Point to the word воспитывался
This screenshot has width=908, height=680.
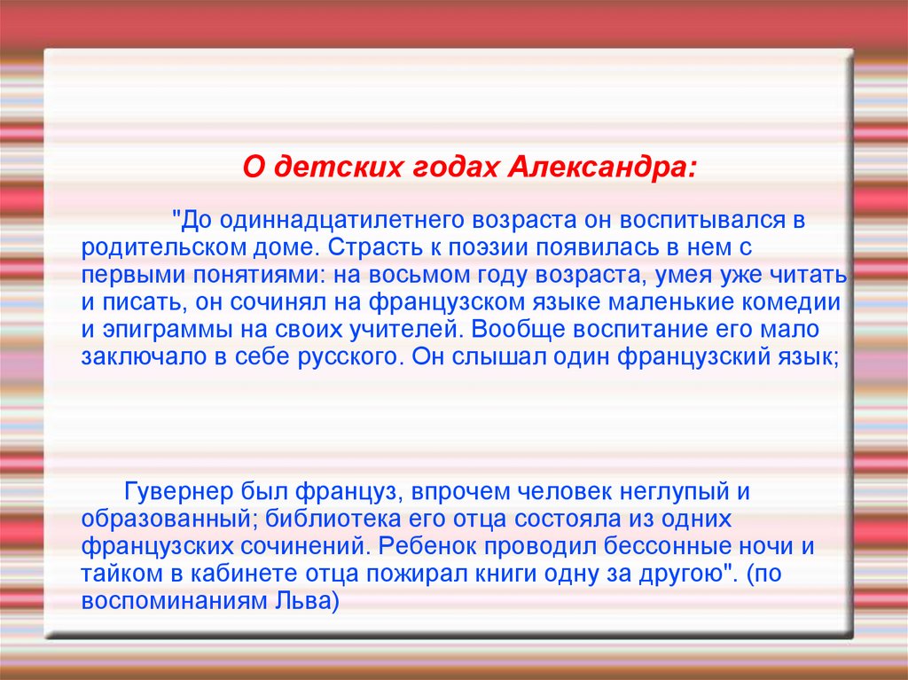pos(704,219)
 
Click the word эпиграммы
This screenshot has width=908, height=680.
pos(159,330)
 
